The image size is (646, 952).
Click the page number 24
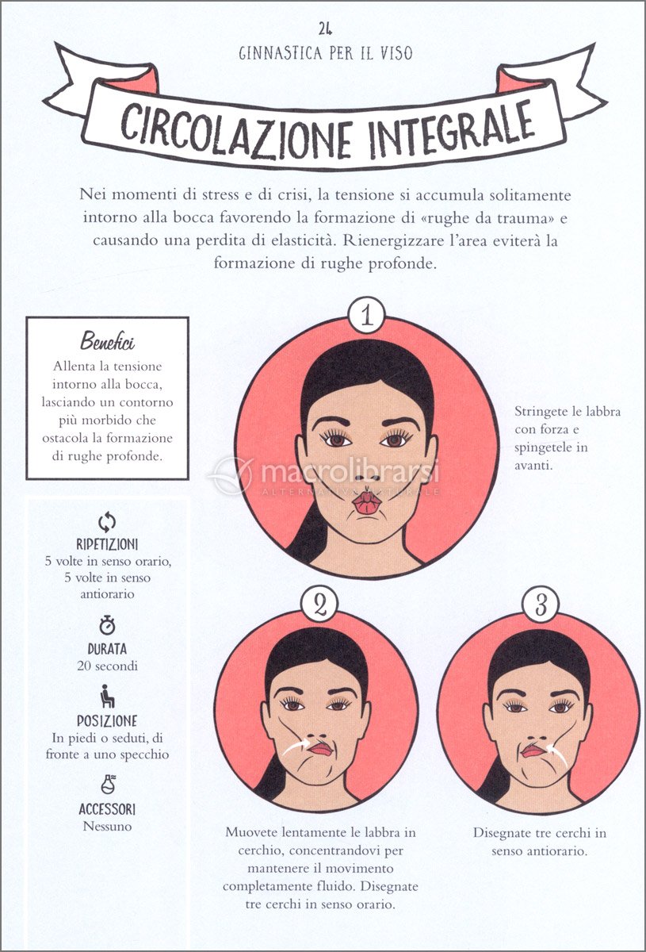click(x=325, y=29)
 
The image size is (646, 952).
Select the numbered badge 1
click(x=367, y=317)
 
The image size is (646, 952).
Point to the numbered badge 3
click(x=541, y=605)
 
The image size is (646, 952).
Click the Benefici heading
click(x=108, y=341)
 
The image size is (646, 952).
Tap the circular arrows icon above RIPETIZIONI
click(x=107, y=522)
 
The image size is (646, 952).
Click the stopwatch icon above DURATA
click(x=107, y=625)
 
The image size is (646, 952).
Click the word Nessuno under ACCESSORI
click(x=108, y=827)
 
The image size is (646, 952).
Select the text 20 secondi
click(x=108, y=666)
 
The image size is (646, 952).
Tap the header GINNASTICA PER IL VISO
click(x=326, y=54)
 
